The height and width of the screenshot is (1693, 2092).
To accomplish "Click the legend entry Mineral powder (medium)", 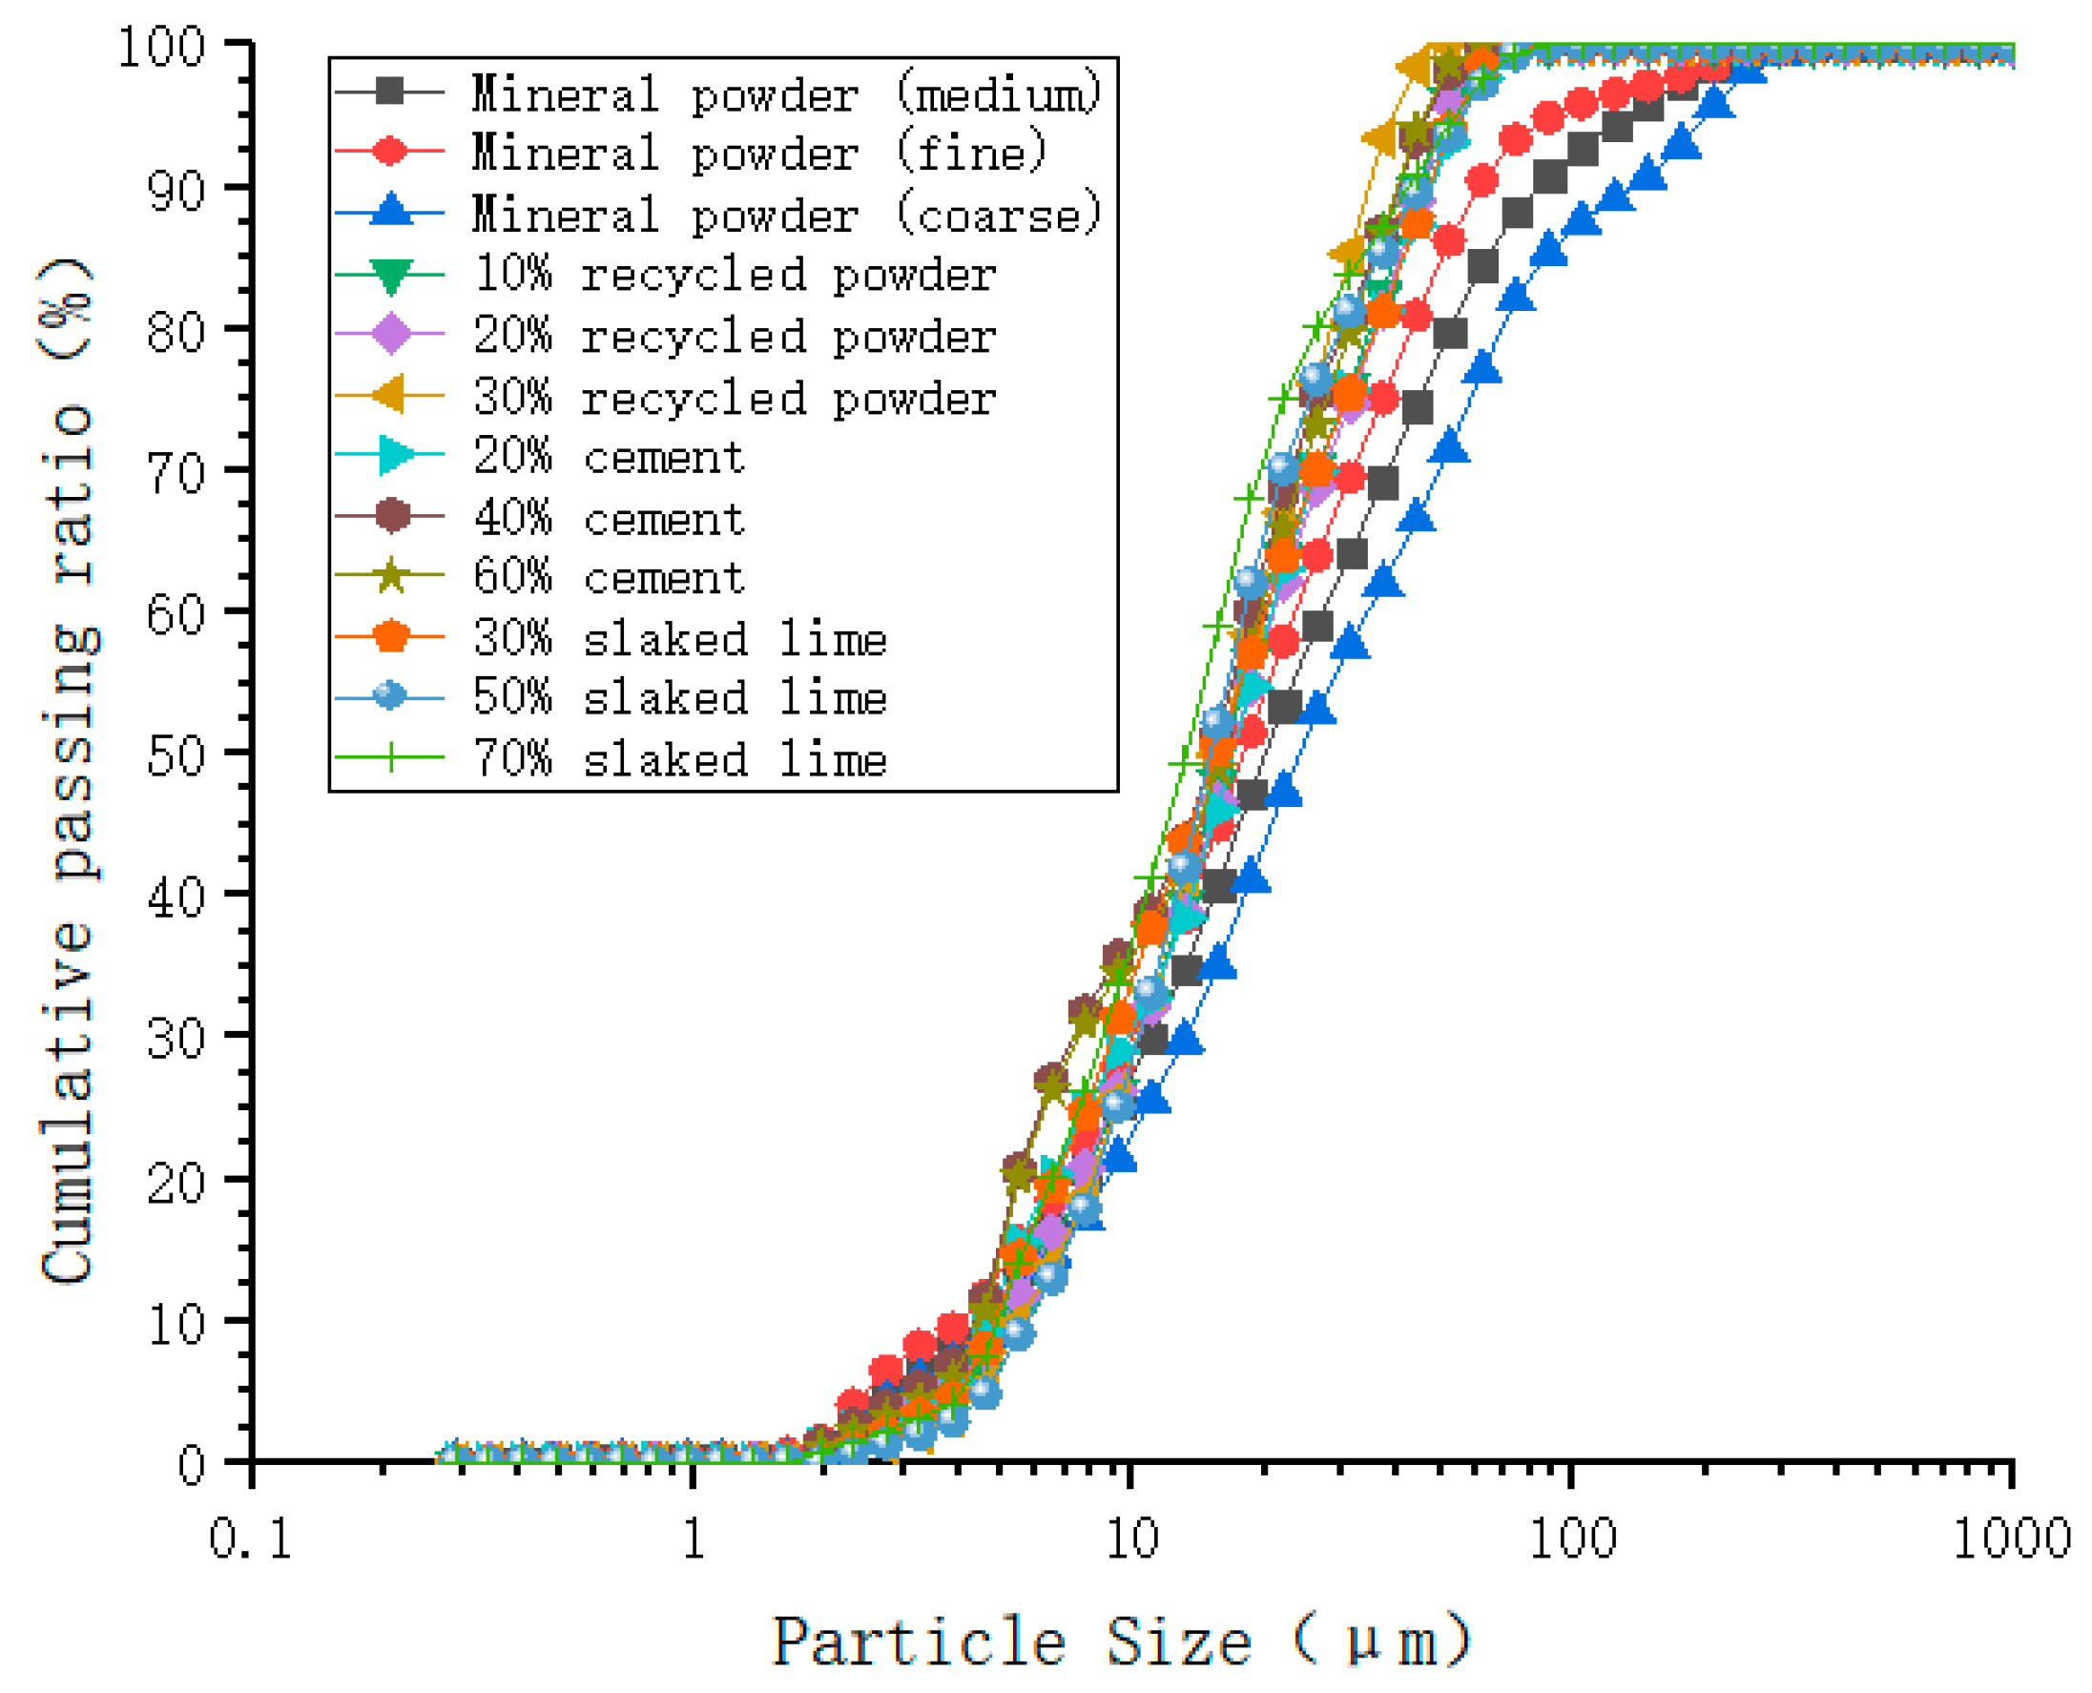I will [x=786, y=94].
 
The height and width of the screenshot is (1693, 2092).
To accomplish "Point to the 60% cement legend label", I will [x=610, y=578].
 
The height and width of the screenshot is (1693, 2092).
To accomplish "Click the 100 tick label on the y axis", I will [x=161, y=47].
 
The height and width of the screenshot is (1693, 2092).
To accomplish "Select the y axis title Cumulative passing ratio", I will [x=69, y=771].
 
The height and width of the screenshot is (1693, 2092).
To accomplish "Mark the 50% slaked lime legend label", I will [x=680, y=698].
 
